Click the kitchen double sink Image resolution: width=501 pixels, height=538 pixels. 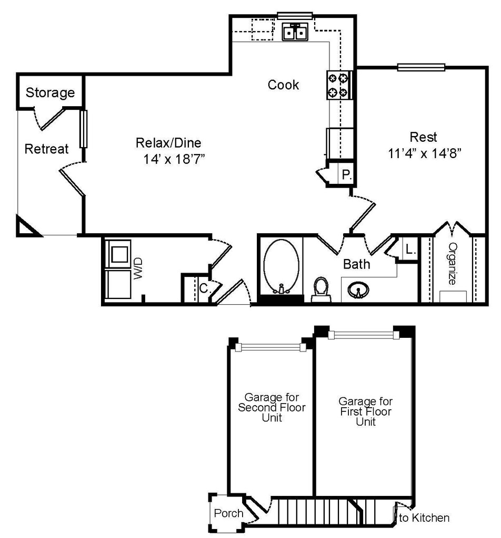(295, 32)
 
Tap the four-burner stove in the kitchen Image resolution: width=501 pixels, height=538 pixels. (339, 85)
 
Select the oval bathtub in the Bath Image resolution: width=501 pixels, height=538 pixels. (282, 266)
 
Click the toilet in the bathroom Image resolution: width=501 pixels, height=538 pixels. (322, 290)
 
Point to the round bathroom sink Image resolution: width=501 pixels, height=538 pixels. (358, 291)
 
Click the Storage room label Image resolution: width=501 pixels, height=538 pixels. (50, 92)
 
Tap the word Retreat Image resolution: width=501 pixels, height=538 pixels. (46, 149)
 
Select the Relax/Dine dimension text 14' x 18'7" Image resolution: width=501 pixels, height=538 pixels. (174, 159)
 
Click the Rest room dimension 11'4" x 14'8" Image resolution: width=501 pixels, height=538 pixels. (424, 153)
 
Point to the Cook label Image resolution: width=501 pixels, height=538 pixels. (283, 85)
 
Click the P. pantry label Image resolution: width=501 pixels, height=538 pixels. (346, 175)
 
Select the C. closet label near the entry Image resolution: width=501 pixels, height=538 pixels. (205, 288)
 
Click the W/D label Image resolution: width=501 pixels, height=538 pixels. (137, 268)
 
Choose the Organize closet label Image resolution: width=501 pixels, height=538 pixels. (453, 264)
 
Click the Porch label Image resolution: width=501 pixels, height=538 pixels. (228, 513)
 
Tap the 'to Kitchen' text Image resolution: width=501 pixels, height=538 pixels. (424, 518)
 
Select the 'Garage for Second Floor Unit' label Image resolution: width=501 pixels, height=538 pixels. (272, 407)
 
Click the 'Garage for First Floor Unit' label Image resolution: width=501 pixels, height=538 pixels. (366, 411)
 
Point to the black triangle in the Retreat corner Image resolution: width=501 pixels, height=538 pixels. (26, 227)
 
